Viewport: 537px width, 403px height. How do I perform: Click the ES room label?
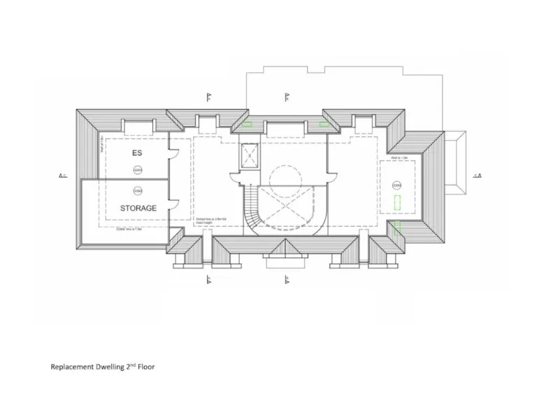137,152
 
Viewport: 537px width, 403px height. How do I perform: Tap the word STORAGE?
138,208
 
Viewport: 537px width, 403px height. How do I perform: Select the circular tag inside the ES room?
137,169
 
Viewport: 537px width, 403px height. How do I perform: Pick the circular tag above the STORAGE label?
137,190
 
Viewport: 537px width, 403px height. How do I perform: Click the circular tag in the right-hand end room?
397,185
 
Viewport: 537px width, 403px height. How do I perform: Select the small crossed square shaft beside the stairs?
250,155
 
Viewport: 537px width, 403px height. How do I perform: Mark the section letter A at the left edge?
61,176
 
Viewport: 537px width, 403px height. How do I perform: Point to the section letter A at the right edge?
479,176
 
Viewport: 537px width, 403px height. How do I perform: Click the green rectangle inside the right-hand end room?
397,204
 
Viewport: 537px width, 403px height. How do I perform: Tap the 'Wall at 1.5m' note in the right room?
399,159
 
